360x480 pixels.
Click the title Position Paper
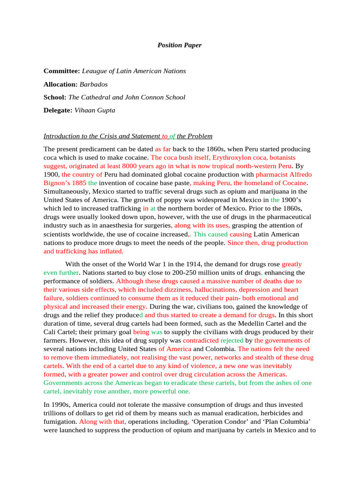click(180, 45)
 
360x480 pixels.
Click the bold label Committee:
click(61, 71)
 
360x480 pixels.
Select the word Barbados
click(94, 84)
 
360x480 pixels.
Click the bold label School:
click(55, 97)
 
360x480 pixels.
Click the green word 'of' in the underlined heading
click(172, 136)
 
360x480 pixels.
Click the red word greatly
click(292, 264)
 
